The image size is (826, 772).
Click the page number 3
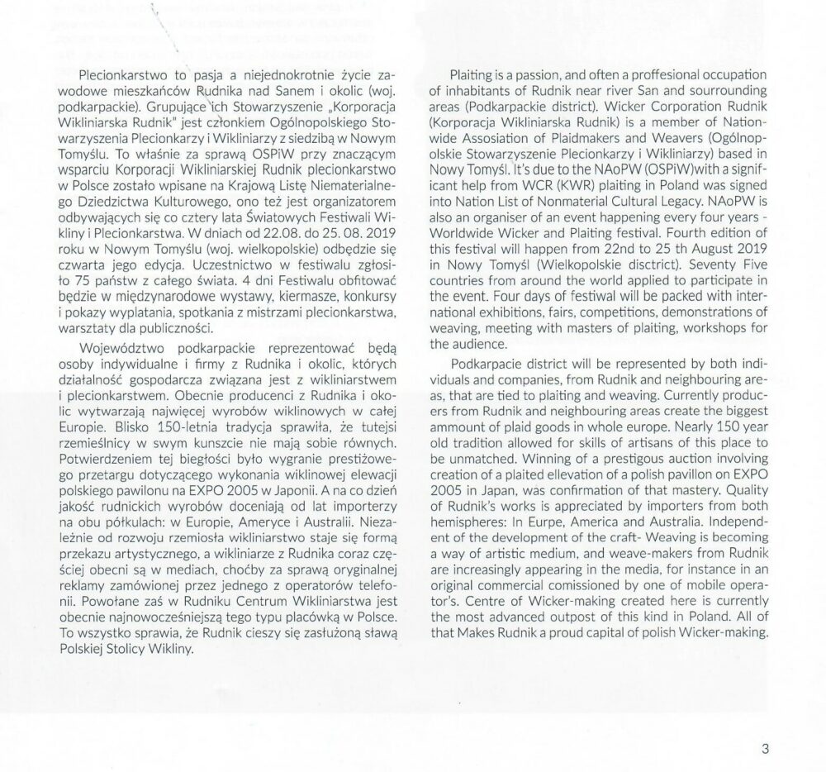tap(765, 750)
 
